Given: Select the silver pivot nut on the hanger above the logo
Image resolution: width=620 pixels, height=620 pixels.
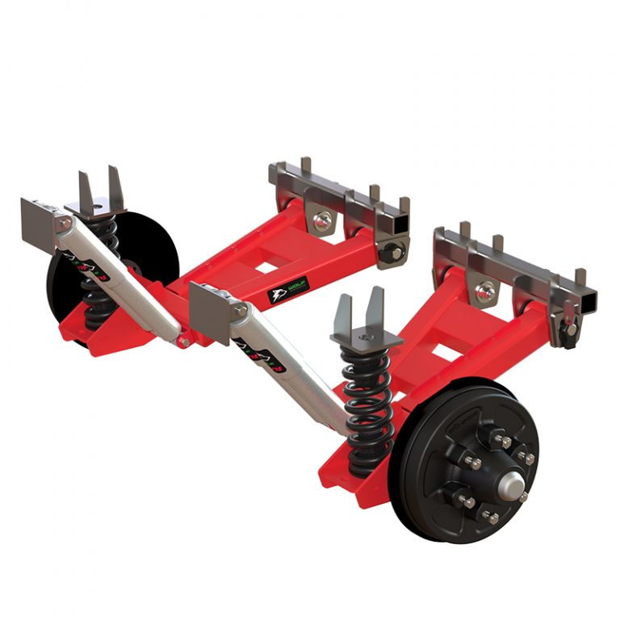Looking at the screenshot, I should pos(322,218).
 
